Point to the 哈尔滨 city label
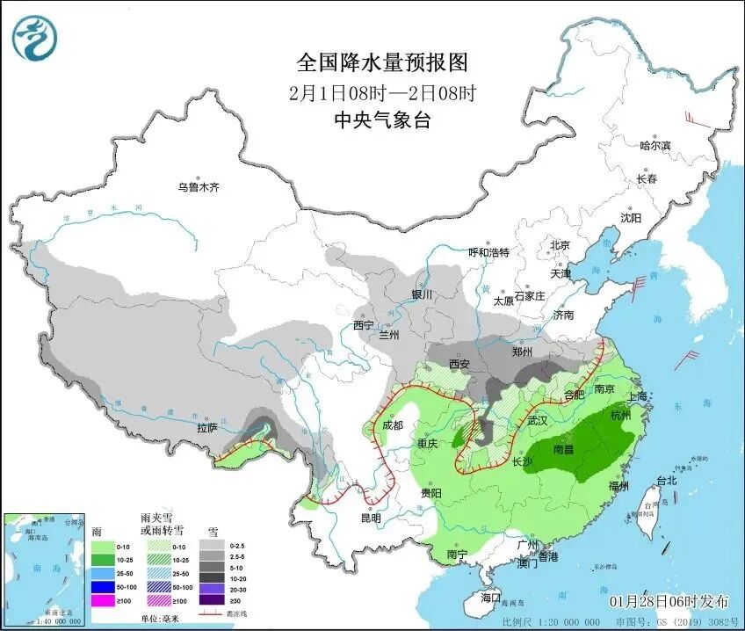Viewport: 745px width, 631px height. (x=655, y=145)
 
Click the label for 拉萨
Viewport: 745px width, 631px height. (x=206, y=428)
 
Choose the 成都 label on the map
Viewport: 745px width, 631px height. (x=392, y=425)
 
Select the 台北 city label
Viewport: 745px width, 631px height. (x=667, y=481)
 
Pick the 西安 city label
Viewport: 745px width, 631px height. (x=460, y=363)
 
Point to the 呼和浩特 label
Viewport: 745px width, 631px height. (x=488, y=252)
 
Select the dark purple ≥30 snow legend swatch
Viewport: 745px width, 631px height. (x=212, y=601)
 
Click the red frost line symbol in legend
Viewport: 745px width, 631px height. (x=212, y=615)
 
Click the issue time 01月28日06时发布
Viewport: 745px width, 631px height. (x=670, y=601)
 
